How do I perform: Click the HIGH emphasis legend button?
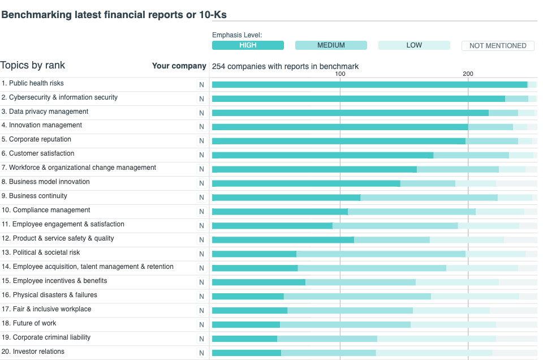pyautogui.click(x=248, y=45)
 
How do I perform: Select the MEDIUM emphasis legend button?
pyautogui.click(x=331, y=45)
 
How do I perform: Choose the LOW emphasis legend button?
pyautogui.click(x=414, y=45)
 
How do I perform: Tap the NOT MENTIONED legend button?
pyautogui.click(x=498, y=46)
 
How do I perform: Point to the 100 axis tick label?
pyautogui.click(x=340, y=74)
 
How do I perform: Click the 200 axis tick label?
pyautogui.click(x=468, y=74)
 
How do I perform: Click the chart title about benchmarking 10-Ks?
pyautogui.click(x=114, y=15)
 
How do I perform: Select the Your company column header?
pyautogui.click(x=179, y=66)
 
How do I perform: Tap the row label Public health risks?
pyautogui.click(x=36, y=83)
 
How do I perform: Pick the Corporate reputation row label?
pyautogui.click(x=40, y=139)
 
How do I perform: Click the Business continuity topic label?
pyautogui.click(x=38, y=196)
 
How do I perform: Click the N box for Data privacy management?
pyautogui.click(x=201, y=113)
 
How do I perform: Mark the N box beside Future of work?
pyautogui.click(x=201, y=324)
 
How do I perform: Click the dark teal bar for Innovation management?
pyautogui.click(x=339, y=127)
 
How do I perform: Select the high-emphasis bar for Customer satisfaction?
pyautogui.click(x=322, y=155)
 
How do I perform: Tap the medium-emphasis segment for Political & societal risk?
pyautogui.click(x=381, y=254)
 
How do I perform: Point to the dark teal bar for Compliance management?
pyautogui.click(x=280, y=212)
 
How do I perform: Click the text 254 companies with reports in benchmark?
pyautogui.click(x=285, y=66)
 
